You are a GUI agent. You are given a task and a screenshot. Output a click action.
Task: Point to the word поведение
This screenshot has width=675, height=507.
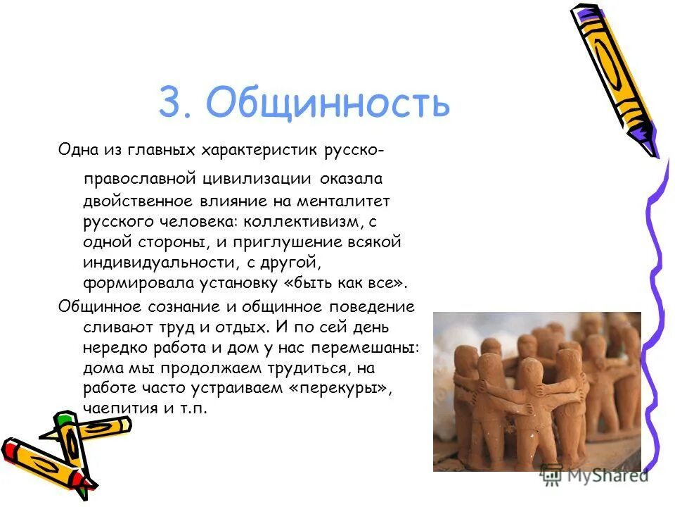(x=368, y=307)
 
